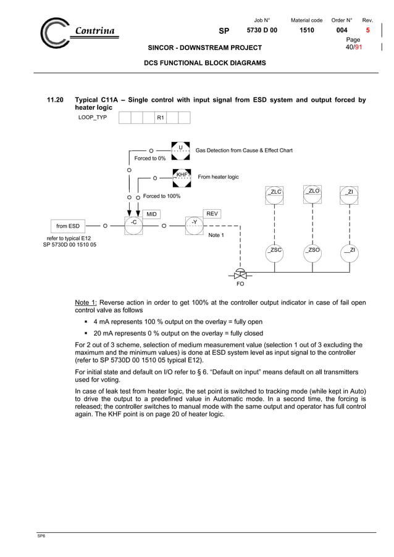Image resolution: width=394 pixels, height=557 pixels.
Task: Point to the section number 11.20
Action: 56,100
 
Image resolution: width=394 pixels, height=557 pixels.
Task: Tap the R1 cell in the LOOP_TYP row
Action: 161,117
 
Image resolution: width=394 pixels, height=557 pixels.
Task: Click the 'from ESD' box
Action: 68,226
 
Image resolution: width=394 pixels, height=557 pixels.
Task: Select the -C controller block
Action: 134,225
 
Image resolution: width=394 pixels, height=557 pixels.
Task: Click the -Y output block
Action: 194,225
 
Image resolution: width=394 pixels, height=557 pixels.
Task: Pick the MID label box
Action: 151,213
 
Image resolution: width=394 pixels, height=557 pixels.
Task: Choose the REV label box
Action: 212,213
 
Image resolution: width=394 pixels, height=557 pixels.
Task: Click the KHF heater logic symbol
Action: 182,176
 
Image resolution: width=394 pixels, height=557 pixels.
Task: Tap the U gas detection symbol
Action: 180,149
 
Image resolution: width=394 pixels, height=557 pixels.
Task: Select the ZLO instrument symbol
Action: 313,193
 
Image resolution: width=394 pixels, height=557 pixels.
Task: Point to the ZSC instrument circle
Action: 275,251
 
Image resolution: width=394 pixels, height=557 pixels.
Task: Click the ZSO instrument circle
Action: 313,251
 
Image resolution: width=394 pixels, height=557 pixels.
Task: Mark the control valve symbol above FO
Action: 241,273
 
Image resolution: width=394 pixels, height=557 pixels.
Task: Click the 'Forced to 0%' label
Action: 149,159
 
